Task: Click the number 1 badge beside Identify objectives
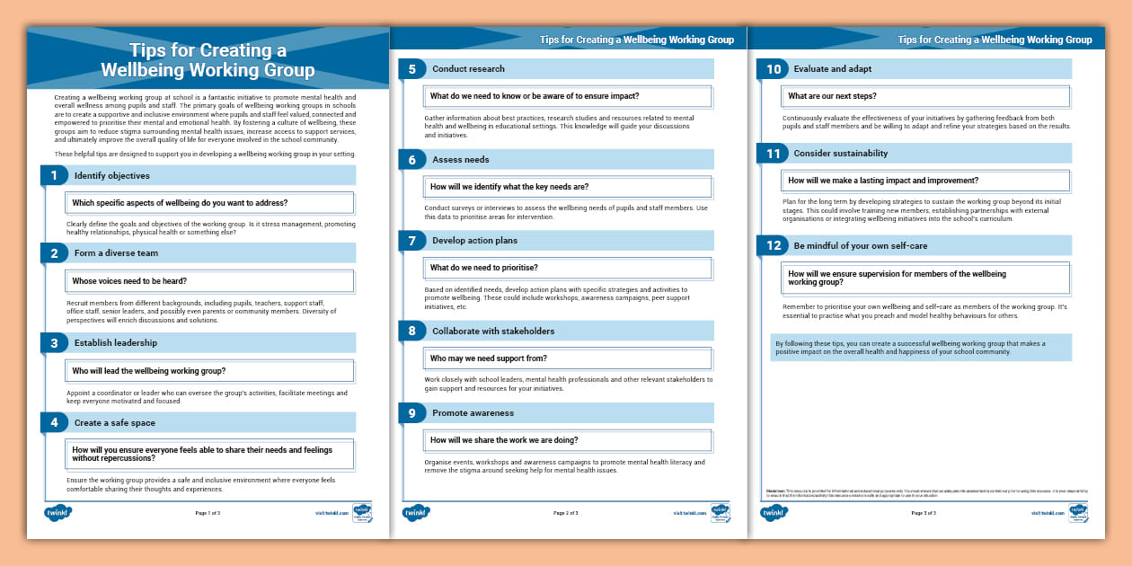pos(54,175)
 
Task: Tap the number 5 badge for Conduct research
pos(411,69)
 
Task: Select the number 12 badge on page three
pos(773,245)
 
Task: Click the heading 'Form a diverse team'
pos(116,253)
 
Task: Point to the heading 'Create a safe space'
pos(114,422)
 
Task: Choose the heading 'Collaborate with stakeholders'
pos(493,332)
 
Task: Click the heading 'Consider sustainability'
pos(840,154)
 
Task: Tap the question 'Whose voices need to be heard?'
pos(129,281)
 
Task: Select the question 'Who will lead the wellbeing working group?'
pos(148,371)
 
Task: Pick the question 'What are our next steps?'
pos(832,96)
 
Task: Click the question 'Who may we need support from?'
pos(488,358)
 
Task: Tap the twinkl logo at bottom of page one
pos(57,513)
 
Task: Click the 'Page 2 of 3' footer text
pos(565,513)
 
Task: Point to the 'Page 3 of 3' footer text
pos(924,513)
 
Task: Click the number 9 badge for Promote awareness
pos(411,413)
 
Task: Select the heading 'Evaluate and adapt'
pos(832,69)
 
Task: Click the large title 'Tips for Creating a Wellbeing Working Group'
pos(208,60)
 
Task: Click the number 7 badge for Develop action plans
pos(411,241)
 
